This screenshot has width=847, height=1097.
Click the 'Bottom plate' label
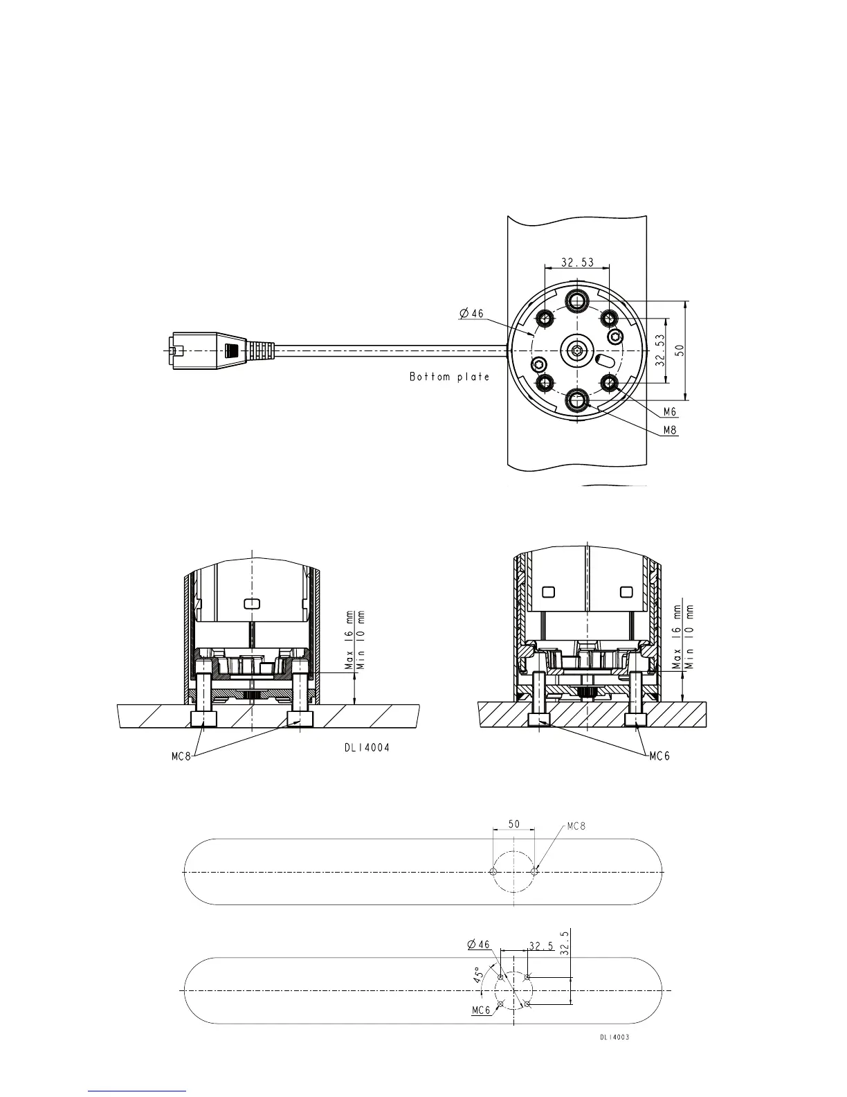449,377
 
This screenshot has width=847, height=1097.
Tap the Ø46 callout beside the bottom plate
472,313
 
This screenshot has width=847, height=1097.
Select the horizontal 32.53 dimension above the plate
577,262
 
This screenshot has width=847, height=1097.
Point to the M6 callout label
669,411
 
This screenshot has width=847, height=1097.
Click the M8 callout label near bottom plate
669,430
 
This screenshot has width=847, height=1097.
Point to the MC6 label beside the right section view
659,756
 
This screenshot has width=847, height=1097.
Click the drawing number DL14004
367,748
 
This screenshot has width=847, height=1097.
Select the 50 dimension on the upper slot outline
514,825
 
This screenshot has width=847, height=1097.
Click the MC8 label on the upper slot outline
576,826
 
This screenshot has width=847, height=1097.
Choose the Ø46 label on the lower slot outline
478,944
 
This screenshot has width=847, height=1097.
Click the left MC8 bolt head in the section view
203,719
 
